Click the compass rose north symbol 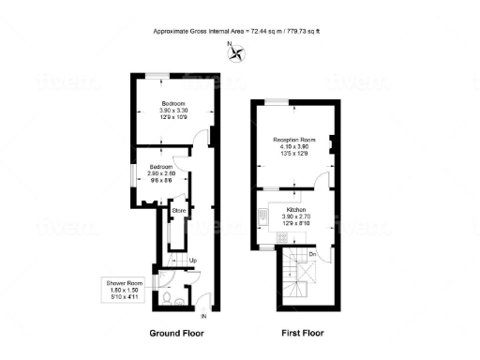[x=234, y=52]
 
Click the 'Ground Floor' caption [x=179, y=333]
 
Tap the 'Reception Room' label [x=295, y=140]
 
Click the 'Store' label [x=180, y=211]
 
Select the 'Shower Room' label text [x=124, y=283]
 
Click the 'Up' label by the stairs [x=192, y=260]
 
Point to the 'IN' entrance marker [x=203, y=316]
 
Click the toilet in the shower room [x=166, y=299]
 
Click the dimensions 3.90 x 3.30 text [x=172, y=111]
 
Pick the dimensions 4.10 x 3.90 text [x=295, y=147]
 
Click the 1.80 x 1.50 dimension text [x=124, y=291]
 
